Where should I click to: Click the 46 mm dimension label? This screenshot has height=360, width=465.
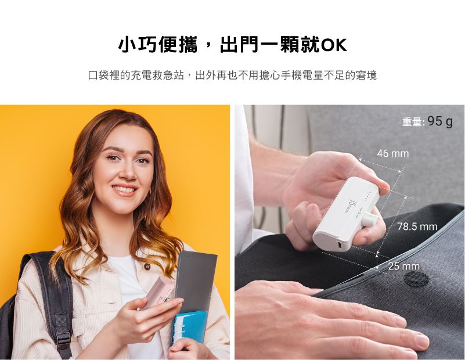coord(393,154)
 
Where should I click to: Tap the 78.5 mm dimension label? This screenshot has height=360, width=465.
coord(417,227)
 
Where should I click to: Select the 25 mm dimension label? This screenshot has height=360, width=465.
coord(404,267)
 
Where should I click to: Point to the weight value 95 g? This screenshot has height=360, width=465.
coord(440,121)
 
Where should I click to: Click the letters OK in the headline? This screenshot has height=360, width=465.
coord(334,45)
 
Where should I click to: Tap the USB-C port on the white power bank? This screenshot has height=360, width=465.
coord(339,245)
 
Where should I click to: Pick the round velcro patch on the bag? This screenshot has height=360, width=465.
coord(416,279)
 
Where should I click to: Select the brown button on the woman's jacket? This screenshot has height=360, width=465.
coord(147,267)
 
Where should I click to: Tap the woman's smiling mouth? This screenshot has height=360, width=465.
coord(125,190)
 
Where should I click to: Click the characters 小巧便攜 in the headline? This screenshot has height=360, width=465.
coord(157,45)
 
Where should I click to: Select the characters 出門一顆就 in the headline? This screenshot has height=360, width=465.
coord(270,45)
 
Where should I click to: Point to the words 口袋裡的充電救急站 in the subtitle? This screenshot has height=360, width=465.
coord(136,75)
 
